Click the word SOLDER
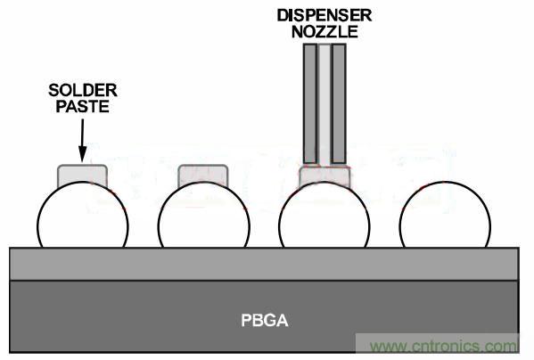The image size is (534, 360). [83, 91]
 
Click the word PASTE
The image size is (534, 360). [82, 107]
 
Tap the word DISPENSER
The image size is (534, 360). [325, 16]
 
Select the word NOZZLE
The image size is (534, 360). [325, 32]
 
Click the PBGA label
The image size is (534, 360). [265, 321]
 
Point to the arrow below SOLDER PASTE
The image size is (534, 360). [82, 140]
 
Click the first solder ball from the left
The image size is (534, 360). [83, 217]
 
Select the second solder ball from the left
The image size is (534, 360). [204, 217]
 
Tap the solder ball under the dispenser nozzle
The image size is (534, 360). [325, 217]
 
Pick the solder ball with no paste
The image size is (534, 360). [445, 217]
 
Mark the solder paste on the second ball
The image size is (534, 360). [203, 174]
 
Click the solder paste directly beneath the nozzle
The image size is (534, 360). [325, 175]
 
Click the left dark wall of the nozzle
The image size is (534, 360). [310, 103]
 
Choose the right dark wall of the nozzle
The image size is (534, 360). [339, 103]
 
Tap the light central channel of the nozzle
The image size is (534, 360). [325, 103]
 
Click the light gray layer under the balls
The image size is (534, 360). [264, 264]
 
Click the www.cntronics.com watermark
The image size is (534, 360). [443, 346]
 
